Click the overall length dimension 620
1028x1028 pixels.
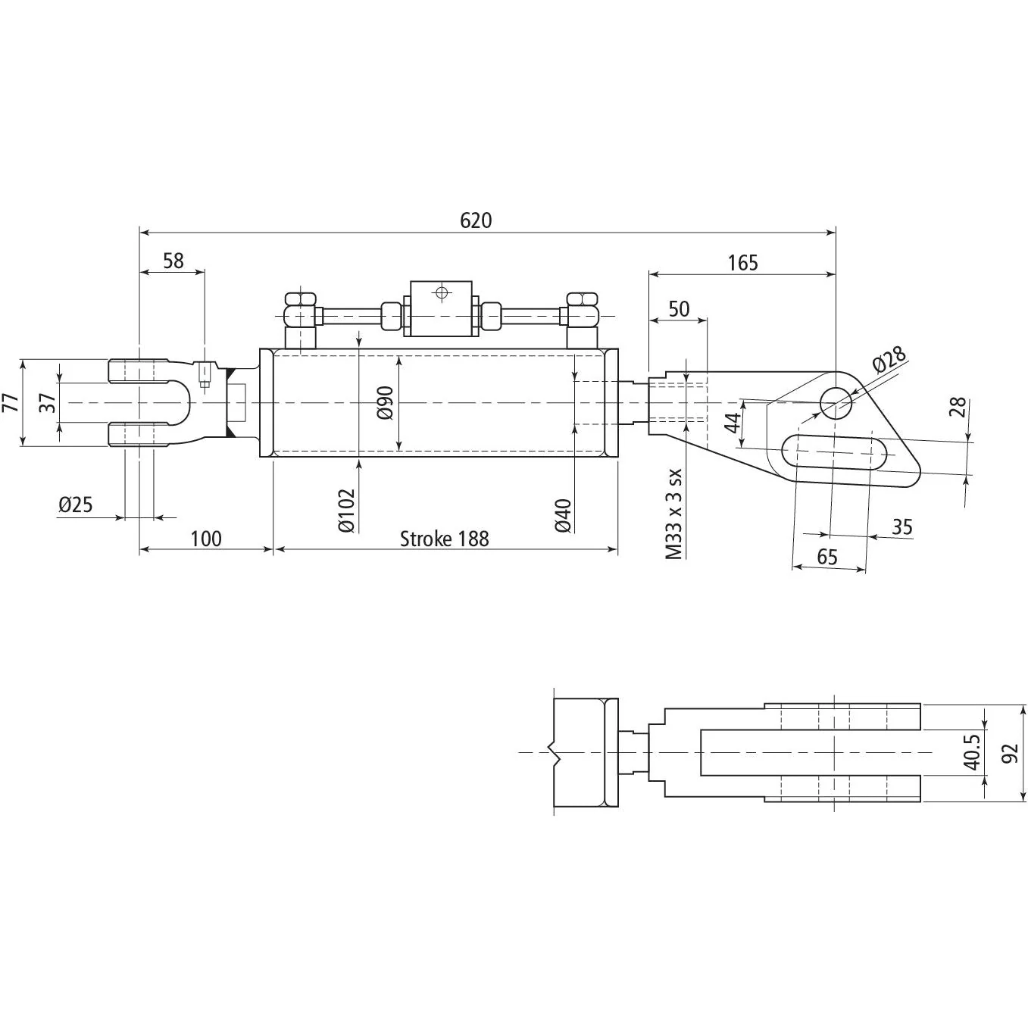click(475, 220)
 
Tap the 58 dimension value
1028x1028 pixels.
click(173, 261)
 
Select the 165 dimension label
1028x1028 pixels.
click(742, 263)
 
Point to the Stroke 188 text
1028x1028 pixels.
click(445, 539)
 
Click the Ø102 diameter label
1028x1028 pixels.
click(346, 511)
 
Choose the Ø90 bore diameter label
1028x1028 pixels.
click(385, 403)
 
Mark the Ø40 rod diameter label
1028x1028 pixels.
click(564, 516)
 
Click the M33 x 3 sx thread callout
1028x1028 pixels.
click(674, 514)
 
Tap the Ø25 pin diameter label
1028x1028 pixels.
click(75, 504)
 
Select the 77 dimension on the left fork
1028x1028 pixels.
click(11, 403)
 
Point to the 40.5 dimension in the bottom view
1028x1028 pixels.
click(973, 752)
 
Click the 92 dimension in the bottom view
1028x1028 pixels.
click(1010, 753)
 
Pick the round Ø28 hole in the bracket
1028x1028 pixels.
click(836, 402)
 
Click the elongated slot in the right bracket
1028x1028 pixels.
click(834, 452)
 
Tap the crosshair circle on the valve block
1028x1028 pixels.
click(441, 292)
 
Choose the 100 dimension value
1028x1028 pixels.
click(206, 539)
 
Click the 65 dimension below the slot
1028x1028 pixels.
click(827, 557)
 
